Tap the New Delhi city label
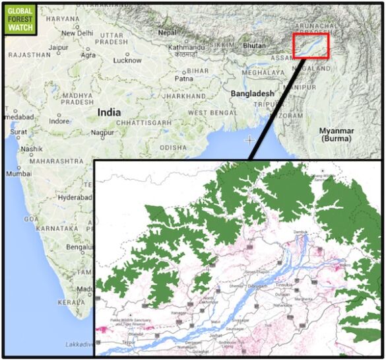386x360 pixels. click(78, 33)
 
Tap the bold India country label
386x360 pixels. click(109, 112)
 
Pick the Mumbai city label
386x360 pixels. click(18, 174)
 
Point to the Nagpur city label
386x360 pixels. click(102, 132)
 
